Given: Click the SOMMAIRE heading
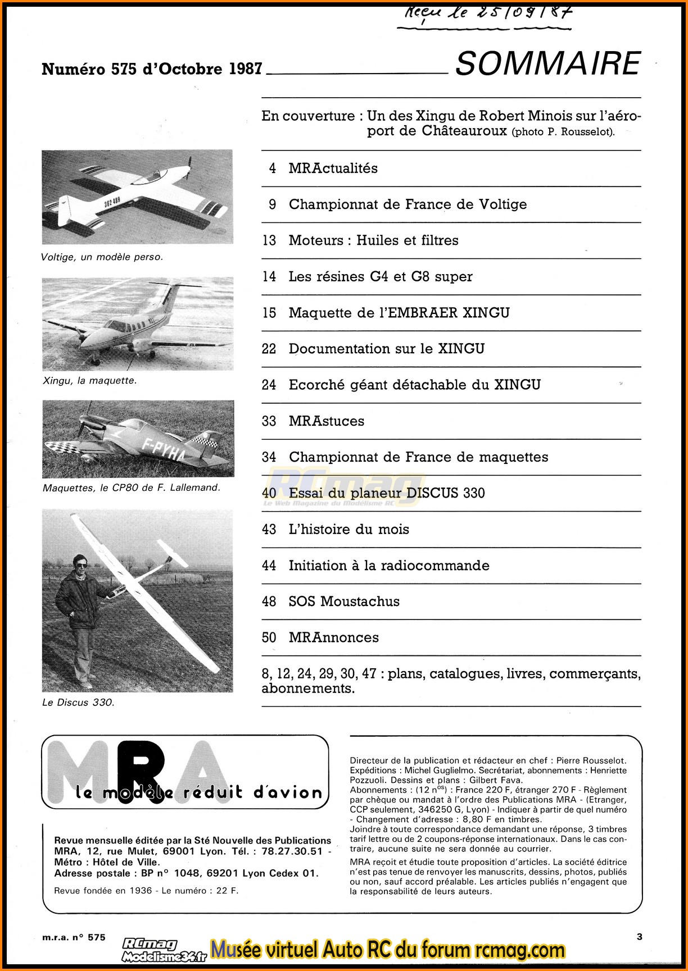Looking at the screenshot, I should pos(547,63).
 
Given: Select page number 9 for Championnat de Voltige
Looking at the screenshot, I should pos(272,204).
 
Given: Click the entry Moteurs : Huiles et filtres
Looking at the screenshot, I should pos(373,240).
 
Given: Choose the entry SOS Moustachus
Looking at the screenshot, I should pos(343,601).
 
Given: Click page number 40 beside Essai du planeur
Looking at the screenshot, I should pos(269,493).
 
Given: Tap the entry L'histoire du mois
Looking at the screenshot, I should pos(348,530).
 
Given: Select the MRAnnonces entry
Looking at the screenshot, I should pos(333,637).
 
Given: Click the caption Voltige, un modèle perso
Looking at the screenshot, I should pos(102,257).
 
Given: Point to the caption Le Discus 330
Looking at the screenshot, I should pos(78,703).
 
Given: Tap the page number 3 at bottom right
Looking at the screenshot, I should pos(640,936).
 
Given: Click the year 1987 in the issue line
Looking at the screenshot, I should pos(246,69).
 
